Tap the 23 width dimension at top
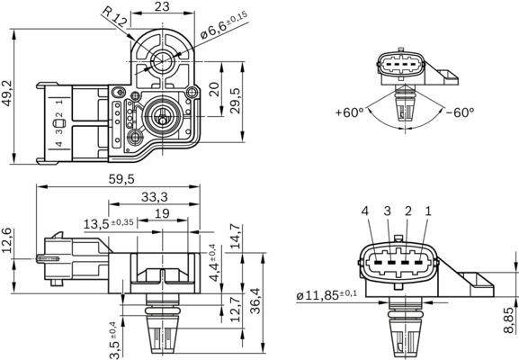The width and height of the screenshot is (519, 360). (162, 7)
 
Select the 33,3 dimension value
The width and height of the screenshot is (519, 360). (155, 196)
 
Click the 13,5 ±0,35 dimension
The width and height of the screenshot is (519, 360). (109, 222)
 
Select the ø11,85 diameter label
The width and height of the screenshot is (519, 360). (326, 294)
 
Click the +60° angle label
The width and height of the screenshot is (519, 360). (349, 112)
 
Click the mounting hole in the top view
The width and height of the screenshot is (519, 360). (162, 60)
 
